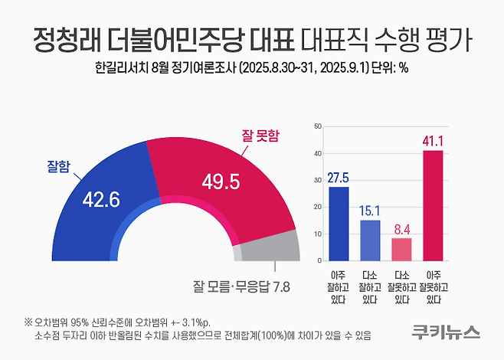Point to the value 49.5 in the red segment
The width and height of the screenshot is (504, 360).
222,182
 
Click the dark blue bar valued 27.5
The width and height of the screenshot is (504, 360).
339,223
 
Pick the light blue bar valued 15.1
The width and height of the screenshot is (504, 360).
371,240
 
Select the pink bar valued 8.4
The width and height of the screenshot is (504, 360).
402,249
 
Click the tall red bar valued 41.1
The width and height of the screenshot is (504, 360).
434,205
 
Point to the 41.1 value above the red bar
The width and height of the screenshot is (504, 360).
434,141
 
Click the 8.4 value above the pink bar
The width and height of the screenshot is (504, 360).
402,228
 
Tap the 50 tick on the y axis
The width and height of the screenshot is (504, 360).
316,126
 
